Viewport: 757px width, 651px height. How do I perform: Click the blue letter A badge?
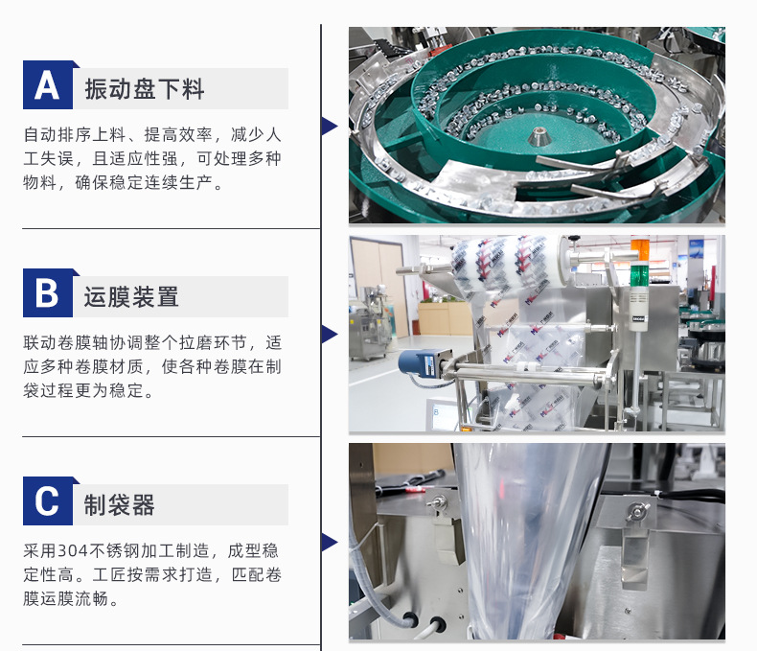tap(48, 85)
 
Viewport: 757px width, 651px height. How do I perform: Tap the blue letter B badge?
tap(48, 293)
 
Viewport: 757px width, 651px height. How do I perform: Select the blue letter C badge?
tap(48, 500)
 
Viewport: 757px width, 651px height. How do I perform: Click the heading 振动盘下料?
tap(145, 89)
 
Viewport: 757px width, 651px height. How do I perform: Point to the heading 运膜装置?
tap(131, 296)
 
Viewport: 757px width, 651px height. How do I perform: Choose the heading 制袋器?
tap(119, 504)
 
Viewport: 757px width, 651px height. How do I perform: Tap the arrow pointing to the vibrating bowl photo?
tap(330, 126)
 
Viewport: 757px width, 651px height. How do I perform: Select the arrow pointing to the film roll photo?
tap(330, 335)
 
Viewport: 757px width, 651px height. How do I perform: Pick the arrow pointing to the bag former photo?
tap(330, 542)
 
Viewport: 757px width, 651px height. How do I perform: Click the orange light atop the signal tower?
tap(641, 250)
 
